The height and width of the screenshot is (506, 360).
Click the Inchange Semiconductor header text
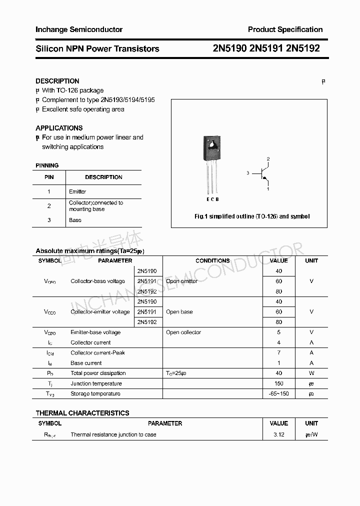79,29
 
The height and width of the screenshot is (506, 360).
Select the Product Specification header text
285,29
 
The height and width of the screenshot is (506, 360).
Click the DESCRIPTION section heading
57,81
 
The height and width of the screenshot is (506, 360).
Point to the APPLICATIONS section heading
59,128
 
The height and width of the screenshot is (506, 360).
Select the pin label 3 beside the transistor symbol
247,173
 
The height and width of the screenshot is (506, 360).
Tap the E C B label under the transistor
212,199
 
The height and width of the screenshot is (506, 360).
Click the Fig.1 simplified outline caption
252,216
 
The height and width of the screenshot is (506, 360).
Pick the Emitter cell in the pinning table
77,191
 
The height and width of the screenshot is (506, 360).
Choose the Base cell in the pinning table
75,220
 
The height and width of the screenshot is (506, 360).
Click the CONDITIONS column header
212,260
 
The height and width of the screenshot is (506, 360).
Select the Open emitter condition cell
181,281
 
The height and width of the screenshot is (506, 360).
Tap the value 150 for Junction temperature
278,383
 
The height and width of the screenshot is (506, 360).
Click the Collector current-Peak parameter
97,353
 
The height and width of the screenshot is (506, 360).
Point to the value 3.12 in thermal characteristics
278,435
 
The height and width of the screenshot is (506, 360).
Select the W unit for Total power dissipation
311,373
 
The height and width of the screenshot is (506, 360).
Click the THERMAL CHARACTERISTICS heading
82,413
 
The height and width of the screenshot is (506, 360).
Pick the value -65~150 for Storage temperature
278,394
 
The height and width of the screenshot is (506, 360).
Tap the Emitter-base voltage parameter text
95,332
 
